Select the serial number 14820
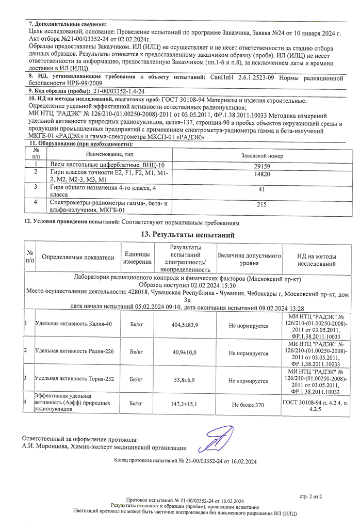tap(261, 175)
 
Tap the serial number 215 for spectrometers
tap(261, 205)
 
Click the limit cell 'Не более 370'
tap(248, 405)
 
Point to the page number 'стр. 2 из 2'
tap(310, 496)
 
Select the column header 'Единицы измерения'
tap(137, 258)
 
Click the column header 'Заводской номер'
tap(261, 155)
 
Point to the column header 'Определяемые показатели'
tap(78, 257)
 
